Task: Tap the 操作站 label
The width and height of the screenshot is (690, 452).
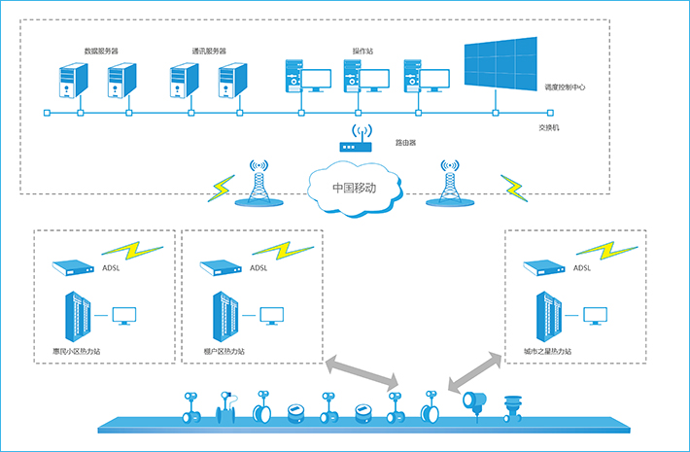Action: (x=362, y=50)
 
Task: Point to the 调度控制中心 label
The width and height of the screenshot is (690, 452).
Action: (x=566, y=87)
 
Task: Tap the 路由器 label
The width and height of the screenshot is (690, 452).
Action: (x=405, y=142)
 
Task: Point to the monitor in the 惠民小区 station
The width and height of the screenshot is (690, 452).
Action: (x=124, y=315)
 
